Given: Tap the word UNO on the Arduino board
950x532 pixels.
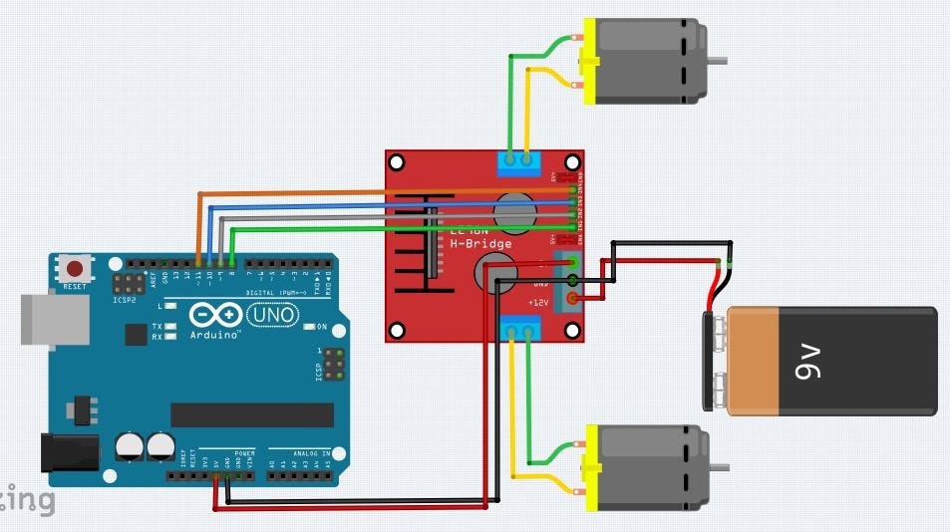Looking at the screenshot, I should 271,315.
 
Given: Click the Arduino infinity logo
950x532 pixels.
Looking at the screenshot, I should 214,316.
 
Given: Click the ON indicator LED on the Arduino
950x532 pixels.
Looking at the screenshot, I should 308,327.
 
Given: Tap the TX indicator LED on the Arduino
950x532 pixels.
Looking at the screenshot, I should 170,327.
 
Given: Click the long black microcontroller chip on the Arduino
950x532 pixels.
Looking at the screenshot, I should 252,414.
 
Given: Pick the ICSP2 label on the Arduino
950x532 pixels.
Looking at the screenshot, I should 125,297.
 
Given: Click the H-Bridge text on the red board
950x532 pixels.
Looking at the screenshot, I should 480,244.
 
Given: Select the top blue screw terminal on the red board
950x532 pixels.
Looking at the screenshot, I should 518,161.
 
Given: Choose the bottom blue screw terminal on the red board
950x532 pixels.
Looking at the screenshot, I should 520,328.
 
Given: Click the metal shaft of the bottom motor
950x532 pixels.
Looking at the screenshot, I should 718,466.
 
